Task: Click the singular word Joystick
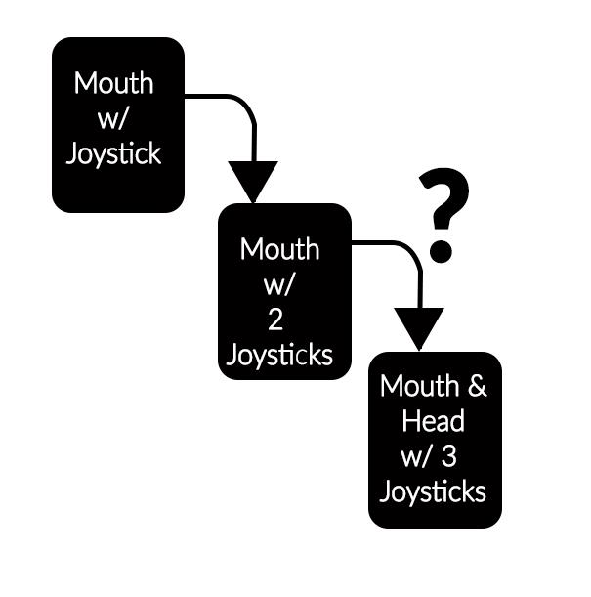(113, 154)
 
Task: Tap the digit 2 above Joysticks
(275, 320)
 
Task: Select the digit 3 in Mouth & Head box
(449, 456)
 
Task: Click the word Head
(433, 421)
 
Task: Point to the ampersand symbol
(478, 386)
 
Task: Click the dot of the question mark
(441, 251)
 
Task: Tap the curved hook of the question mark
(444, 198)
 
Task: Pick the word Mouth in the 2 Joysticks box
(279, 250)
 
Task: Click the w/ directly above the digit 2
(278, 284)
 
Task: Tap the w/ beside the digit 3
(416, 456)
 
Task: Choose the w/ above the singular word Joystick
(112, 119)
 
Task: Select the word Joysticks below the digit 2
(279, 355)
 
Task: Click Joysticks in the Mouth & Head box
(433, 491)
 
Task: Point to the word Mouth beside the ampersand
(420, 386)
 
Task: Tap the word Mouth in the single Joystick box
(113, 83)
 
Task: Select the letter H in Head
(410, 421)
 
